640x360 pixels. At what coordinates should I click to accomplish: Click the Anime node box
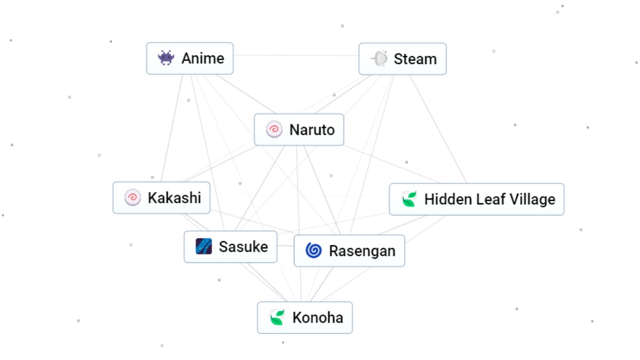[190, 58]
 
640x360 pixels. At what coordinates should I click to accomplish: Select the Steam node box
[403, 59]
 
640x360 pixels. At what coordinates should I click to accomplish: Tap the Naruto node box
[299, 130]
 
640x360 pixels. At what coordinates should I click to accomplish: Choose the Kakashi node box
[161, 198]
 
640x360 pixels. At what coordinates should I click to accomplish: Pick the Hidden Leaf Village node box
[476, 199]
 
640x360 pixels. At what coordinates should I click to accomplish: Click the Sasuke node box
[230, 247]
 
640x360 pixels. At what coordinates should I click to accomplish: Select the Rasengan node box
[349, 251]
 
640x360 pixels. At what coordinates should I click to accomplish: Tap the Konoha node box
[305, 318]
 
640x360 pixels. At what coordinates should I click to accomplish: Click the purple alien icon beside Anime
[166, 58]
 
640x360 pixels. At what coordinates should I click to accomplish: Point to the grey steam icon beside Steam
[379, 59]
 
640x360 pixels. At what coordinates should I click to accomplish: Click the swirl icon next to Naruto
[274, 130]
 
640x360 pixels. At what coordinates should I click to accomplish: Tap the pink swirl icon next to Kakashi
[132, 198]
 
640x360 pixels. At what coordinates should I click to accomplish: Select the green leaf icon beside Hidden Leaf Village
[409, 199]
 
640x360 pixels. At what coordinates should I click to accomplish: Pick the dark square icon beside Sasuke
[204, 246]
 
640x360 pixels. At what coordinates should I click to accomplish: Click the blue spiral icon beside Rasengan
[314, 250]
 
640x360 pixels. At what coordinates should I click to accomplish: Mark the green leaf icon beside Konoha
[277, 318]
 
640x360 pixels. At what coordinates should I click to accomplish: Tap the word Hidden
[445, 199]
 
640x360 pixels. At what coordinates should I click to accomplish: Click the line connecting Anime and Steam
[296, 55]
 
